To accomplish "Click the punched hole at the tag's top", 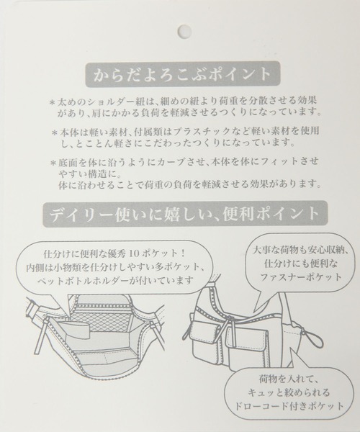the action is (184, 31).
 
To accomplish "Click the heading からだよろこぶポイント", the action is (183, 74).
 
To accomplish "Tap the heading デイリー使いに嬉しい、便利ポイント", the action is (184, 214).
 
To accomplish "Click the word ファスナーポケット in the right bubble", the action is (301, 277).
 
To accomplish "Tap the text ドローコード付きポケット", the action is (289, 405).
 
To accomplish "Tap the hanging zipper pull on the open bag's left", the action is (40, 335).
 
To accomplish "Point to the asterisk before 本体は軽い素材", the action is (55, 132).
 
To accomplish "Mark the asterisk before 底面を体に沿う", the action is (53, 163).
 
